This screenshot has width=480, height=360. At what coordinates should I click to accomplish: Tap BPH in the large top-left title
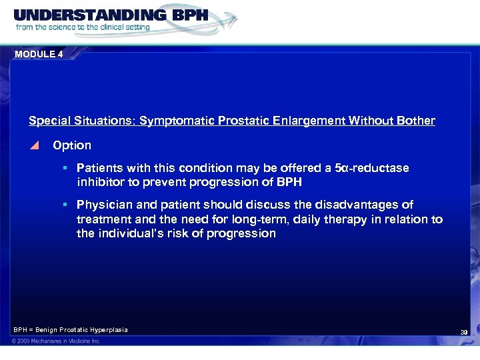click(x=183, y=15)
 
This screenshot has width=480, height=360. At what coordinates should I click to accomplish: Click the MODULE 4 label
click(x=38, y=55)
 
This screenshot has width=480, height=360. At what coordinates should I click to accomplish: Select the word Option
click(x=72, y=145)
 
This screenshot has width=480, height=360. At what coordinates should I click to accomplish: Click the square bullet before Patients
click(x=68, y=168)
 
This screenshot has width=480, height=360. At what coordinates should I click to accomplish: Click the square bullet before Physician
click(x=68, y=205)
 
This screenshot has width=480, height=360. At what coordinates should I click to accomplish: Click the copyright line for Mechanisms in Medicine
click(x=57, y=341)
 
